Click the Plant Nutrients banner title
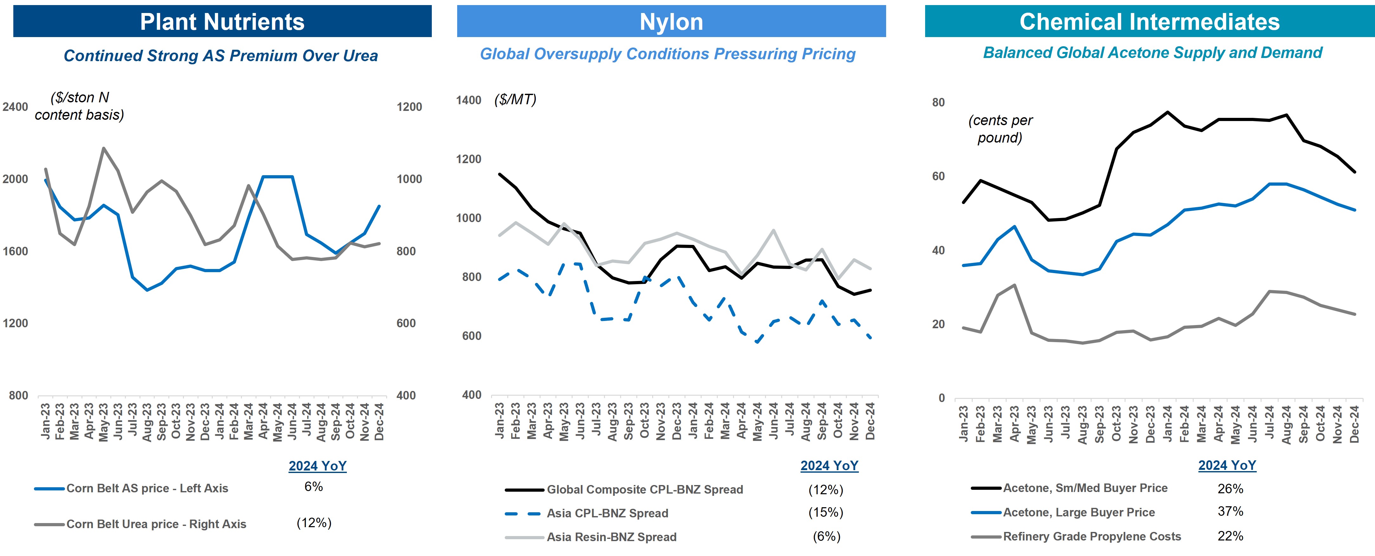tap(222, 22)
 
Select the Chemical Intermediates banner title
tap(1149, 22)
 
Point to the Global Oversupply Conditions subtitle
tap(667, 54)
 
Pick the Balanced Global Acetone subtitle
tap(1152, 53)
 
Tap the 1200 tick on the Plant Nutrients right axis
tap(409, 107)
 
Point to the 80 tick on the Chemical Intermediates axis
tap(938, 102)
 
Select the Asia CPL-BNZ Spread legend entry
tap(607, 513)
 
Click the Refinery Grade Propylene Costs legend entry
tap(1092, 536)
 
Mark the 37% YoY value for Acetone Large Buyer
tap(1230, 511)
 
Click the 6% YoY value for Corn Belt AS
tap(313, 487)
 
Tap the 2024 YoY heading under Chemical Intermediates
tap(1227, 465)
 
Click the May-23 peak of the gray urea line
tap(104, 148)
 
